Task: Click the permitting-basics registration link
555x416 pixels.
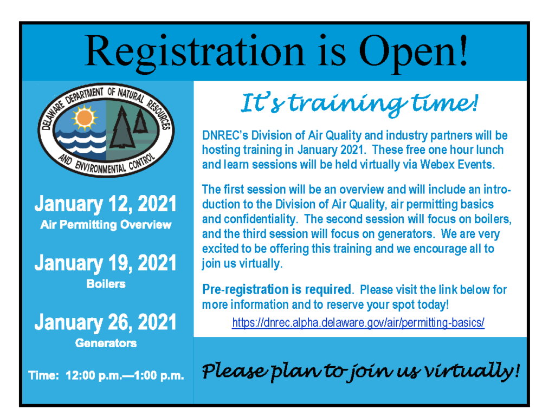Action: click(x=358, y=323)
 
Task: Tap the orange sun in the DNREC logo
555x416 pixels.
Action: click(x=84, y=117)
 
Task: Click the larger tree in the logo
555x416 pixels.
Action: click(x=122, y=127)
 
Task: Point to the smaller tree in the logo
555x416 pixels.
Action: click(x=140, y=121)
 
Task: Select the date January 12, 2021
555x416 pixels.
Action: click(x=106, y=204)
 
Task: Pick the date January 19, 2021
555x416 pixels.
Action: click(x=106, y=263)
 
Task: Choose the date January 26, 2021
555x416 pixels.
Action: click(x=106, y=322)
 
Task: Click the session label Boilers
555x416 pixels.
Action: click(x=106, y=284)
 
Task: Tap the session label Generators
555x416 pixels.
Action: click(x=106, y=343)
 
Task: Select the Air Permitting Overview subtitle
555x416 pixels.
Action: click(x=106, y=225)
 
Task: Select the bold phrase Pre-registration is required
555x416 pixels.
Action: click(x=277, y=290)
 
